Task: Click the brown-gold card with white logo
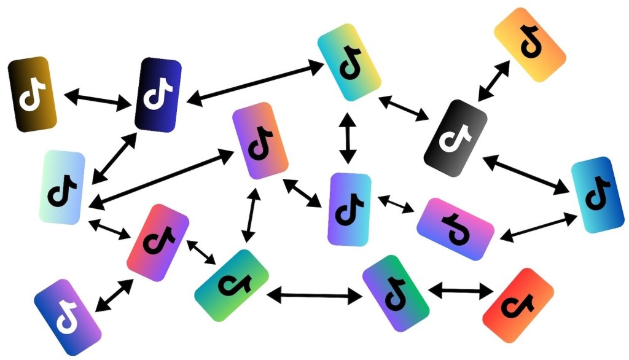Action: (33, 93)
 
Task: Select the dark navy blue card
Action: (158, 95)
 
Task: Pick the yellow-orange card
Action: (529, 45)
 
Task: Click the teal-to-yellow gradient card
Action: (349, 62)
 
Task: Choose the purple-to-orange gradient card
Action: (260, 141)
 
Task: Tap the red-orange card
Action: (518, 305)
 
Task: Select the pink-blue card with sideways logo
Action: (455, 228)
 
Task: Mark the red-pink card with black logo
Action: (158, 242)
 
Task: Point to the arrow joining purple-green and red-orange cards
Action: (459, 289)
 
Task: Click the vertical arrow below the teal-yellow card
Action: (349, 138)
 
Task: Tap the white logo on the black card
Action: (455, 138)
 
